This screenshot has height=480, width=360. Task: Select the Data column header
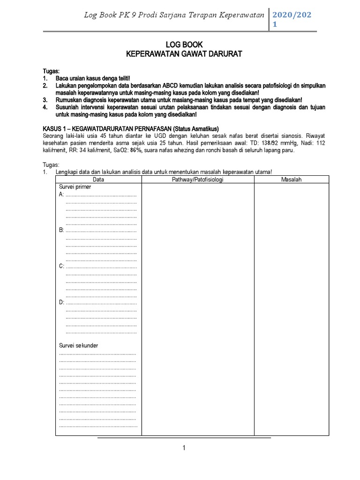(x=98, y=180)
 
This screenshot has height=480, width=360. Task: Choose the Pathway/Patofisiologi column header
(x=198, y=180)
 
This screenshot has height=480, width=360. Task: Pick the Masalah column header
(x=292, y=180)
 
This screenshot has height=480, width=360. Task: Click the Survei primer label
(x=75, y=187)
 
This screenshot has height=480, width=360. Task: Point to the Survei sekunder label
(x=78, y=345)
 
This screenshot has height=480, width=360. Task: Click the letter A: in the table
(x=61, y=195)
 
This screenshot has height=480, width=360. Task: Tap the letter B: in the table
(x=61, y=230)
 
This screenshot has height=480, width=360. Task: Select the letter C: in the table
(x=61, y=266)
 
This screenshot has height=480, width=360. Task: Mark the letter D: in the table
(x=61, y=302)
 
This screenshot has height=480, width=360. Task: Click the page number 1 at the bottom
(x=185, y=448)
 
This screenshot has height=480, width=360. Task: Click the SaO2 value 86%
(x=136, y=150)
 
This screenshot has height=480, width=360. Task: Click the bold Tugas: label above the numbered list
(x=50, y=70)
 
